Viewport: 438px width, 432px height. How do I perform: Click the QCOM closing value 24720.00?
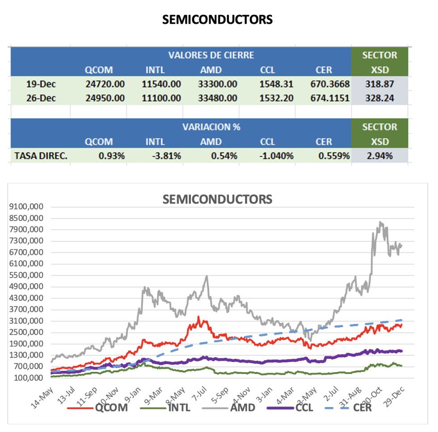point(105,83)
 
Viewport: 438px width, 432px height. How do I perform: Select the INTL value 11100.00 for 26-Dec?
point(161,98)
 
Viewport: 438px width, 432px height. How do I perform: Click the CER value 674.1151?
point(329,98)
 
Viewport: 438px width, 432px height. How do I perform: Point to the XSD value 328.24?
point(379,98)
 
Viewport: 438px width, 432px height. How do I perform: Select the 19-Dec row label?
point(41,83)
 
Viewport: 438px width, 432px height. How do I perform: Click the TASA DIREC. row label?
point(41,156)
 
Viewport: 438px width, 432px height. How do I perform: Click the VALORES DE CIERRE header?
point(211,55)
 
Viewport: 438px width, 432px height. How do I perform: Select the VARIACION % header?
point(211,127)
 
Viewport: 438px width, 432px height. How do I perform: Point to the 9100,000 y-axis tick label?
point(28,207)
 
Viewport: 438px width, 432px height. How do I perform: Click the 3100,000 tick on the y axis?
point(28,321)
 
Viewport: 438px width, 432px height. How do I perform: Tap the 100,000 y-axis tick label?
point(30,378)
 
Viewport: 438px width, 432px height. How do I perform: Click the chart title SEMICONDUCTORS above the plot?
point(217,199)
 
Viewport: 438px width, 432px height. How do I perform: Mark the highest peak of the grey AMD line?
point(380,222)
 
